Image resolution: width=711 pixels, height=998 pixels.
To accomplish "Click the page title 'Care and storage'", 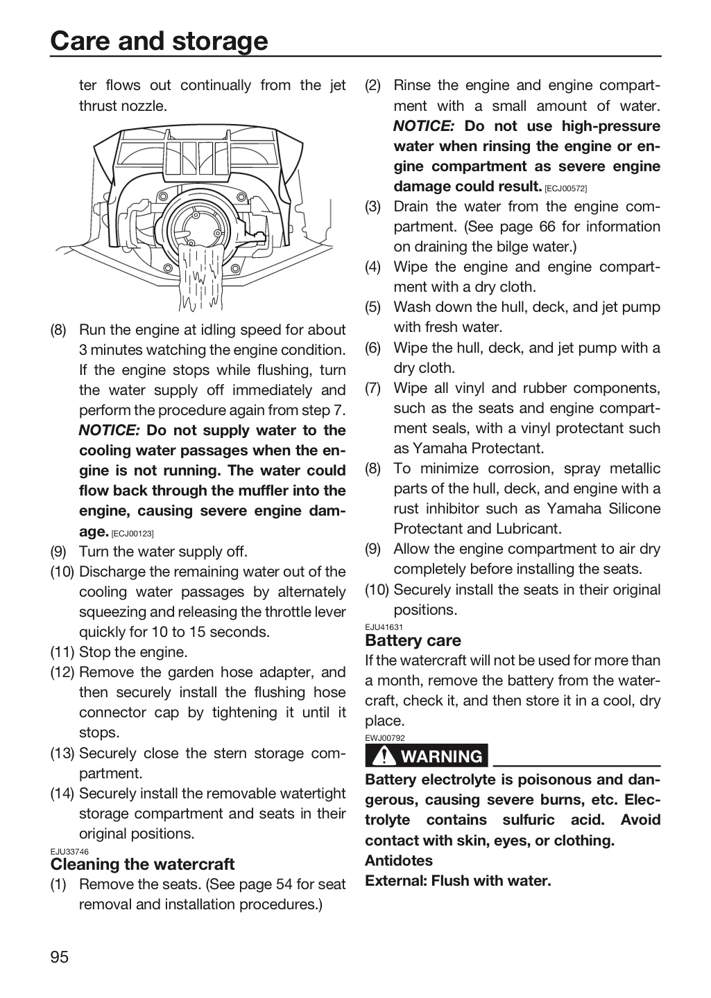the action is coord(159,41).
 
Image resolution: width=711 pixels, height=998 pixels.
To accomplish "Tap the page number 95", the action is coord(60,957).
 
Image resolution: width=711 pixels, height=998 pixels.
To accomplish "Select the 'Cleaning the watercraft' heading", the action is coord(142,864).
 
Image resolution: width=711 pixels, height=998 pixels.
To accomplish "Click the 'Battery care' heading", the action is coord(413,640).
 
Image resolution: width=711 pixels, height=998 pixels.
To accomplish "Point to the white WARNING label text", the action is coord(442,757).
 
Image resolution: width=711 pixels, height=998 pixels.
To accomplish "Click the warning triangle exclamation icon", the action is coord(384,756).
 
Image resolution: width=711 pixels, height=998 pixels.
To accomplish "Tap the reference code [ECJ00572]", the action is coord(565,189).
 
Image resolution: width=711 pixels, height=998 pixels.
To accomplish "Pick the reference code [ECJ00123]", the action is coord(132,534).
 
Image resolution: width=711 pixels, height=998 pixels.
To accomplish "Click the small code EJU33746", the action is coord(69,852).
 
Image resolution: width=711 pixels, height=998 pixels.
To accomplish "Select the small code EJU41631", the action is coord(384,627).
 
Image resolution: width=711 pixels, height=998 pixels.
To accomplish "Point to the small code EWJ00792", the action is coord(385,738).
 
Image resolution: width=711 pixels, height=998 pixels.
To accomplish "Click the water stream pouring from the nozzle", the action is coord(200,277).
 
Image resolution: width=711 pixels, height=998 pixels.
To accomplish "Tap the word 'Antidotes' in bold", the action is coord(399,860).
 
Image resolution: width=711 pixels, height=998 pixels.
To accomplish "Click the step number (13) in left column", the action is coord(62,753).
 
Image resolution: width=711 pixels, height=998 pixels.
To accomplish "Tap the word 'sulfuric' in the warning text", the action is coord(529,820).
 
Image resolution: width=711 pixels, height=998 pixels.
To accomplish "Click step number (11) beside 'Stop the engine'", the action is coord(62,652).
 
